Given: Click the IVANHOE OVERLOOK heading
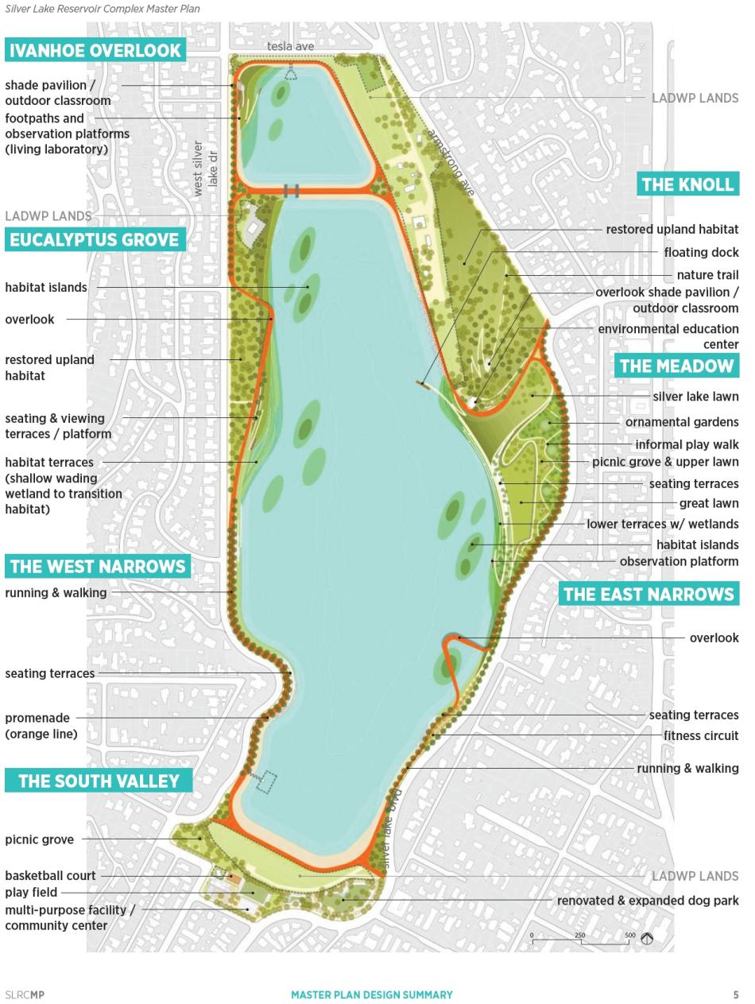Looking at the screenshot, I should [95, 50].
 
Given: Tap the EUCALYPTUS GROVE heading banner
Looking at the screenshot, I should [95, 239].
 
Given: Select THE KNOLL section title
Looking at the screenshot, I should [687, 184].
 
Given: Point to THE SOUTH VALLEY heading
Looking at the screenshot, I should [99, 781].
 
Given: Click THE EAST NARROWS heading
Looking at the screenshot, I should [649, 594].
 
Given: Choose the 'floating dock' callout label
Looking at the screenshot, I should [701, 252].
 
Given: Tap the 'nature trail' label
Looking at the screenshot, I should [707, 275].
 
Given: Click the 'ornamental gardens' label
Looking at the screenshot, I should [681, 422].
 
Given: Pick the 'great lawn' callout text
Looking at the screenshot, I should [708, 503].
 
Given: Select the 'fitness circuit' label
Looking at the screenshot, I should [701, 735].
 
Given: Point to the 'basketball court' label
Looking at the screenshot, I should [50, 875].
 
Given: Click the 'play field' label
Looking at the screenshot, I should [31, 892].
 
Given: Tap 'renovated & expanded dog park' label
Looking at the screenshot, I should [647, 901].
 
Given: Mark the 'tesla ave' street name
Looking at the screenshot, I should [290, 46].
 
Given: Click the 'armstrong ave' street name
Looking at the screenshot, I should [451, 163].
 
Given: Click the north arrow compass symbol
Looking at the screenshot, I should [647, 939].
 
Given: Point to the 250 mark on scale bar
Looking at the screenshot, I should [580, 936].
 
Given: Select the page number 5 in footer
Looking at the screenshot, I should [736, 994].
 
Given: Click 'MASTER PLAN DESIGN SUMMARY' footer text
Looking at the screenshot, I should [371, 994].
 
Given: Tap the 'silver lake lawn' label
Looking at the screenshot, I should [695, 397].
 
